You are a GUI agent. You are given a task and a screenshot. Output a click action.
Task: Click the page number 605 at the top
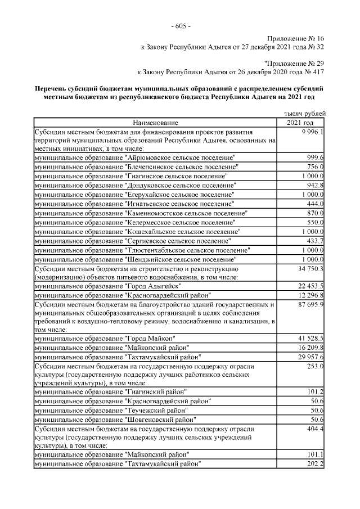(180, 27)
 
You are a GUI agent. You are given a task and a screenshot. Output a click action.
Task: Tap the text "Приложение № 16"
(296, 38)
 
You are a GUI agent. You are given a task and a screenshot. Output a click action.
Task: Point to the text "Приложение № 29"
(294, 64)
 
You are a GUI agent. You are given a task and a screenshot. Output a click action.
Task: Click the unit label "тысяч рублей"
(305, 114)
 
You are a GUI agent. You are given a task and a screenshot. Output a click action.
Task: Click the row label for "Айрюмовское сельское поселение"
(135, 157)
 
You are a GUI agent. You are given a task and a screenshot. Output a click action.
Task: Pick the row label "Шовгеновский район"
(115, 419)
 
